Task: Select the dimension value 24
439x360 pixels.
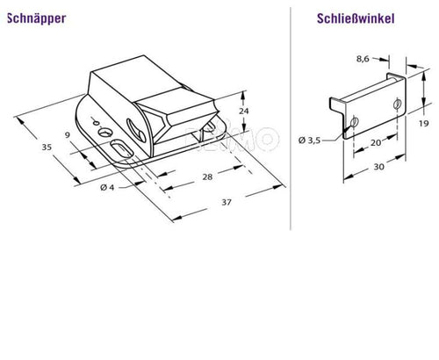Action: click(x=245, y=112)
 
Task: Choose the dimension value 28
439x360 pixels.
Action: click(x=208, y=177)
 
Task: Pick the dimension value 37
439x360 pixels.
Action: click(x=225, y=203)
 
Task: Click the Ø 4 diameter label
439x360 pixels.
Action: click(x=105, y=188)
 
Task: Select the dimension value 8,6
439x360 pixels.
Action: click(x=362, y=60)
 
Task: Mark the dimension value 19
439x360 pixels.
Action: click(x=423, y=123)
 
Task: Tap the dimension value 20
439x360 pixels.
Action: click(x=375, y=142)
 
